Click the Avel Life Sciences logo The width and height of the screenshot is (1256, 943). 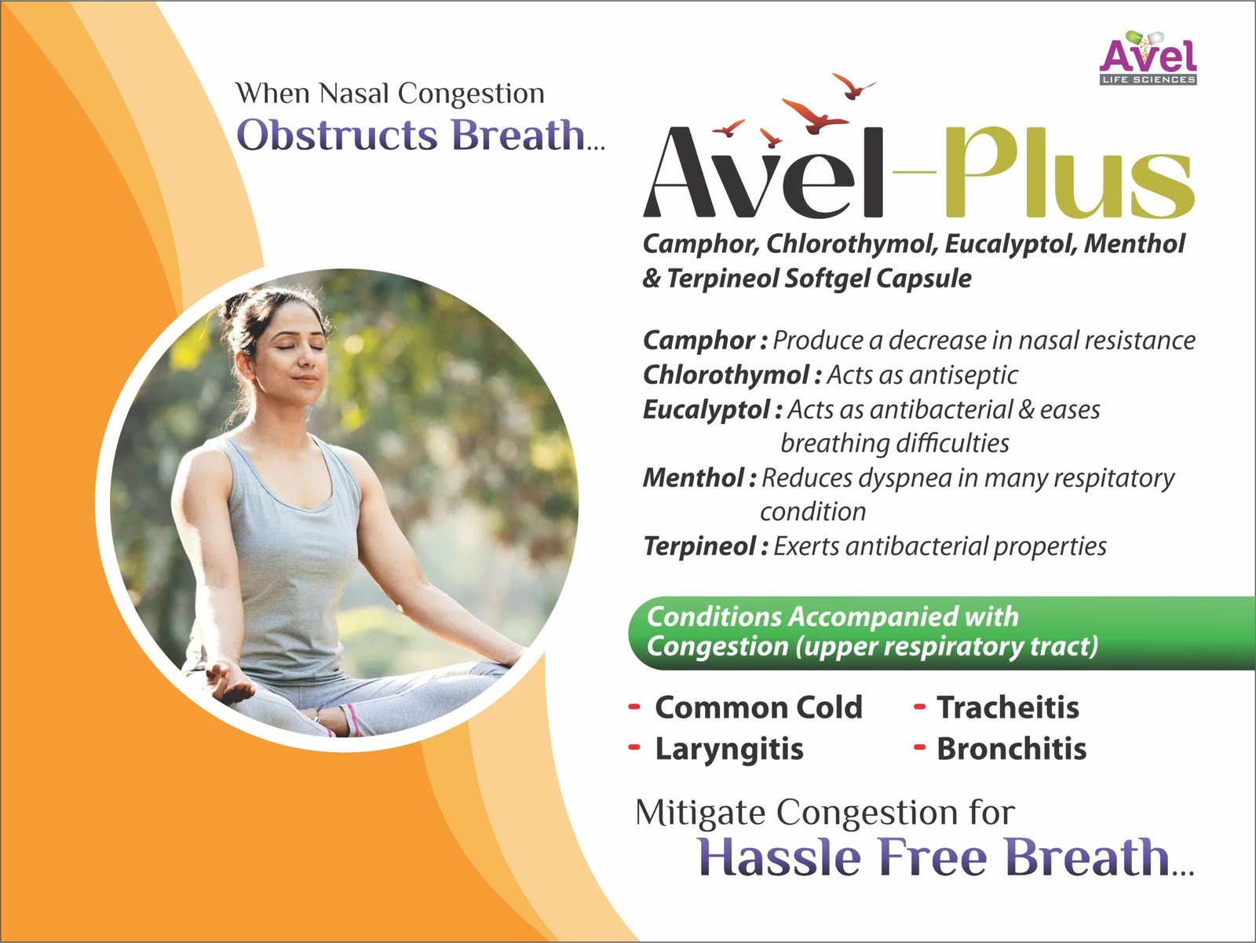(x=1148, y=57)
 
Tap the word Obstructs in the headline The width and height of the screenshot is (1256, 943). (x=338, y=135)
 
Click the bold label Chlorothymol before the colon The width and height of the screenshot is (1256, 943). (x=726, y=375)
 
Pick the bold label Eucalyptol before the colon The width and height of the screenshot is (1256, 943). (x=706, y=411)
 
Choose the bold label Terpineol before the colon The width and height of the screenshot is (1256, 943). (x=699, y=546)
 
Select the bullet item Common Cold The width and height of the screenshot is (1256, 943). (x=758, y=707)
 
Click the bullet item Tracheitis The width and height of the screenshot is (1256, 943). (x=1008, y=707)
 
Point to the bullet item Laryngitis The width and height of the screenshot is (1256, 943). (x=729, y=750)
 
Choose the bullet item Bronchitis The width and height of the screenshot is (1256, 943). (x=1011, y=748)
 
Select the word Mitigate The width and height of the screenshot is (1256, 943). (x=699, y=813)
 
